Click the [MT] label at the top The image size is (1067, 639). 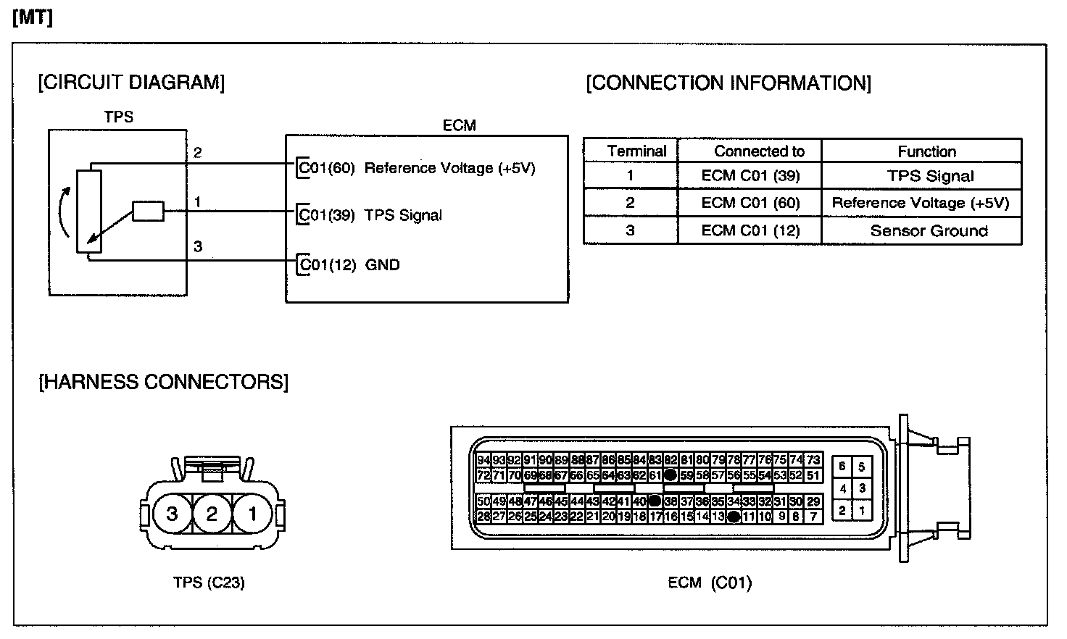click(x=33, y=17)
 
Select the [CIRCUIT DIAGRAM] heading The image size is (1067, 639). click(x=131, y=83)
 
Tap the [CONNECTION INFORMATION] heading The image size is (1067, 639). click(x=728, y=83)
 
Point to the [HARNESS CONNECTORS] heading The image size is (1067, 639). click(x=163, y=382)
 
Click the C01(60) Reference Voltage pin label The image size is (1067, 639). click(x=417, y=168)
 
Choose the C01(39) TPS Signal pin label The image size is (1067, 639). click(x=370, y=215)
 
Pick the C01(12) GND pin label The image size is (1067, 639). click(x=349, y=265)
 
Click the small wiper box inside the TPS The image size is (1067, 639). click(x=148, y=212)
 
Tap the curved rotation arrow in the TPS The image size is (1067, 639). click(x=64, y=211)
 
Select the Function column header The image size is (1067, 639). click(x=926, y=151)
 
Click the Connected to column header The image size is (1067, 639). click(x=759, y=151)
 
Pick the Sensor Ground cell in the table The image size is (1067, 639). click(x=929, y=231)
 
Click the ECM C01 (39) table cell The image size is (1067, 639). click(x=750, y=176)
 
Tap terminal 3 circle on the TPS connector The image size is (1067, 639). click(x=172, y=514)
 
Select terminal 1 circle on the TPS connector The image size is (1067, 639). click(x=252, y=514)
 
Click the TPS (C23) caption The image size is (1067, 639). click(x=209, y=582)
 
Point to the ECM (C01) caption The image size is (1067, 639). click(x=710, y=582)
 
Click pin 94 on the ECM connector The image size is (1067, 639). click(x=483, y=460)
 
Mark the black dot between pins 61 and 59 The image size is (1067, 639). click(x=670, y=475)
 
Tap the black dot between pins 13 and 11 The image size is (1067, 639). click(x=734, y=517)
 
